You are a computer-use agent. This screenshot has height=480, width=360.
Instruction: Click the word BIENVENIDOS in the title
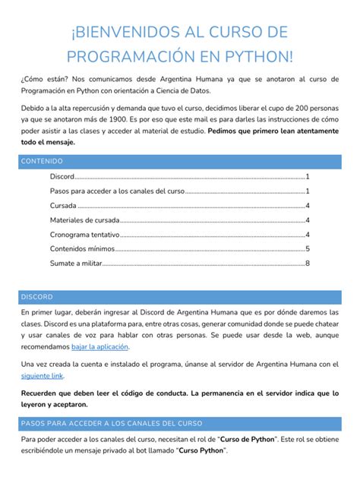point(126,32)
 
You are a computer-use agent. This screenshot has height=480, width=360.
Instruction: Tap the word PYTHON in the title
point(252,58)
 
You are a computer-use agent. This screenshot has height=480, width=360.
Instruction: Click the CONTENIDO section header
point(42,162)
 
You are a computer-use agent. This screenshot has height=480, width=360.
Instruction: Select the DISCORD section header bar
point(37,296)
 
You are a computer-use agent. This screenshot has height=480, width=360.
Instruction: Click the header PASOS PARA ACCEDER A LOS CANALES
point(111,422)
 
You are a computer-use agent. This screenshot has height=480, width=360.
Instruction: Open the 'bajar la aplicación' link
point(99,347)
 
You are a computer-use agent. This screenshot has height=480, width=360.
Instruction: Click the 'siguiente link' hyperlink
point(42,375)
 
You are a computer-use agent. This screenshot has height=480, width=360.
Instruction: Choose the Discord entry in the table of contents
point(62,176)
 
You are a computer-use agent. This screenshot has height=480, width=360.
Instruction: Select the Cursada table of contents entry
point(63,205)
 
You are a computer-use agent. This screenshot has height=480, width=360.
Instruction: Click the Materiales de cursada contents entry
point(85,219)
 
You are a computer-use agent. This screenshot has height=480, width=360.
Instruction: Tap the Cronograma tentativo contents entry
point(85,234)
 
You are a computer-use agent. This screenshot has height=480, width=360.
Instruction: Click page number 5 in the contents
point(307,248)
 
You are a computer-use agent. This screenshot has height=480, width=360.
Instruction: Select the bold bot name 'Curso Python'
point(201,450)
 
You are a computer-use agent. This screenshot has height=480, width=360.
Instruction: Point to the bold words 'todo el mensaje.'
point(48,142)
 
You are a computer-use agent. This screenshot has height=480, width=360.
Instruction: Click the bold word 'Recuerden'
point(44,393)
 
